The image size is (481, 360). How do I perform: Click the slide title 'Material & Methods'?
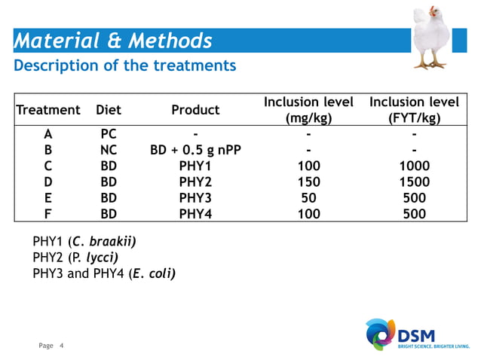pyautogui.click(x=113, y=41)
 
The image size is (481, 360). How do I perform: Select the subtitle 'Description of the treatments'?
pyautogui.click(x=125, y=66)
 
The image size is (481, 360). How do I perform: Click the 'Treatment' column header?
pyautogui.click(x=48, y=110)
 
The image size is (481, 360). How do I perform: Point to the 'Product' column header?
pyautogui.click(x=195, y=110)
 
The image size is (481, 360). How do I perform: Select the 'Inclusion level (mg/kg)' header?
pyautogui.click(x=308, y=110)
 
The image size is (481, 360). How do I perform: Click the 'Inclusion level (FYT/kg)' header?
pyautogui.click(x=414, y=110)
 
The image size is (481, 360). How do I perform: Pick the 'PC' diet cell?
pyautogui.click(x=109, y=134)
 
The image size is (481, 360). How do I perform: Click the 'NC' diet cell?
pyautogui.click(x=109, y=150)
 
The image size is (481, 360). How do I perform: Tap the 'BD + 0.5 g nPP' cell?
pyautogui.click(x=195, y=150)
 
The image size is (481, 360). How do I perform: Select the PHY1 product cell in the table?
pyautogui.click(x=195, y=166)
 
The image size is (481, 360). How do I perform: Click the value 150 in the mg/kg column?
pyautogui.click(x=308, y=182)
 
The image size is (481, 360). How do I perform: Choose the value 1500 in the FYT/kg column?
pyautogui.click(x=414, y=182)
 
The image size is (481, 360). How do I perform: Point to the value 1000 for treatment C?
pyautogui.click(x=414, y=166)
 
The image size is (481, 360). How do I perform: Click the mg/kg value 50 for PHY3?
pyautogui.click(x=308, y=198)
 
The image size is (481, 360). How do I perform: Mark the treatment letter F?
pyautogui.click(x=48, y=214)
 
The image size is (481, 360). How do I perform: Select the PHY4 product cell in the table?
pyautogui.click(x=195, y=214)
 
